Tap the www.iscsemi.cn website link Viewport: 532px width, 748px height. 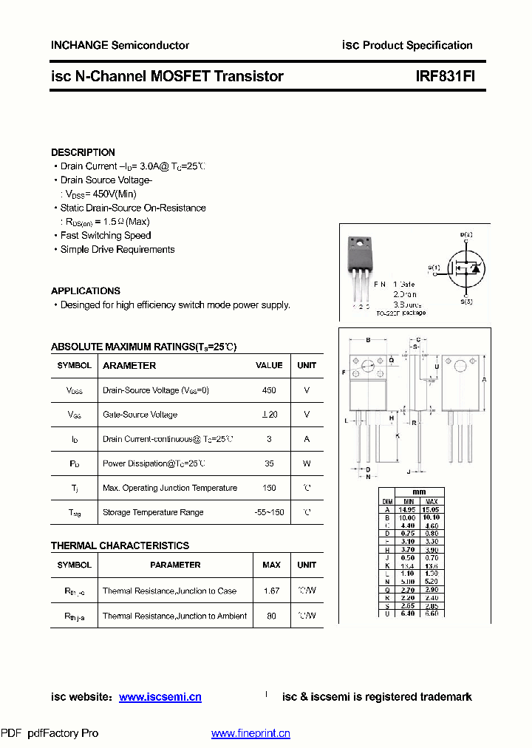160,697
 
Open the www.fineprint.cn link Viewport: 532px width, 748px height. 250,733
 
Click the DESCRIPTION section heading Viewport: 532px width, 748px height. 83,152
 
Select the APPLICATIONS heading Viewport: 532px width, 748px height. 86,291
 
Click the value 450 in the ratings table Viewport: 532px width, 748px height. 269,390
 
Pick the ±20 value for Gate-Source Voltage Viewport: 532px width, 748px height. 269,415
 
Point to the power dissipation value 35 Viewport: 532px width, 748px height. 269,463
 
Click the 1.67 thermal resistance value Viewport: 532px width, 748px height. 271,591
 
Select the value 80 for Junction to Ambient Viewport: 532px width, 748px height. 271,616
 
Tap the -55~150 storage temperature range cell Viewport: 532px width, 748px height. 269,512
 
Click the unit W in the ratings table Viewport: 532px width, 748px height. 307,463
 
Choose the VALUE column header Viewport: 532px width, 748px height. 269,365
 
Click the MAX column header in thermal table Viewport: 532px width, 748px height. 271,565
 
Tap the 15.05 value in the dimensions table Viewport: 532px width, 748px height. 430,509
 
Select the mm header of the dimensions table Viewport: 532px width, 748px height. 419,492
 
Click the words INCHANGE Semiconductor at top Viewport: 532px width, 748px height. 120,45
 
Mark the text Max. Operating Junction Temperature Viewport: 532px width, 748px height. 170,488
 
